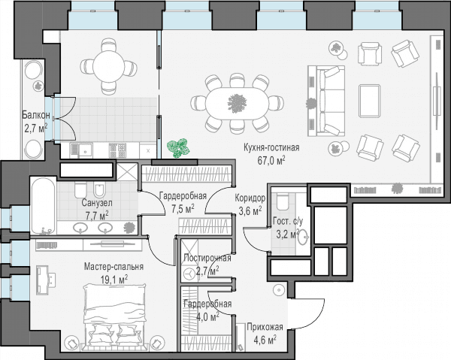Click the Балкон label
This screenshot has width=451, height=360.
[x=36, y=115]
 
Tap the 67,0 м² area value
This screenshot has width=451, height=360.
[x=271, y=160]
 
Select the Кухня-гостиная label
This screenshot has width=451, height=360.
[x=271, y=147]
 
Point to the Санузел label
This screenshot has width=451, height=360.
[x=97, y=203]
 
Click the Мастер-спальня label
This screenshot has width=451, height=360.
[x=114, y=267]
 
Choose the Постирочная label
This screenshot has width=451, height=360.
[x=207, y=258]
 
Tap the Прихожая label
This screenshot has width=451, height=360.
[x=265, y=327]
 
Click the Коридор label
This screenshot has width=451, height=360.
[x=250, y=198]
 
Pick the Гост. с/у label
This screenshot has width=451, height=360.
[x=288, y=221]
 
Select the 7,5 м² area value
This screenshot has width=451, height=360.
[x=183, y=208]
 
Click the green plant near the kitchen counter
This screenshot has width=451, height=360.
[x=178, y=148]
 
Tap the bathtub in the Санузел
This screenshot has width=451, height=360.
[x=43, y=206]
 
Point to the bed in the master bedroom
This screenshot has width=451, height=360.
[x=114, y=316]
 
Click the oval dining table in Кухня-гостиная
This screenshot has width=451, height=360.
[x=237, y=103]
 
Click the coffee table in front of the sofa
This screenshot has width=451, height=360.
[x=369, y=100]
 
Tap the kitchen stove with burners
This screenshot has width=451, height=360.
[x=118, y=150]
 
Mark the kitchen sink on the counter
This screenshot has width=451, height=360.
[x=85, y=150]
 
